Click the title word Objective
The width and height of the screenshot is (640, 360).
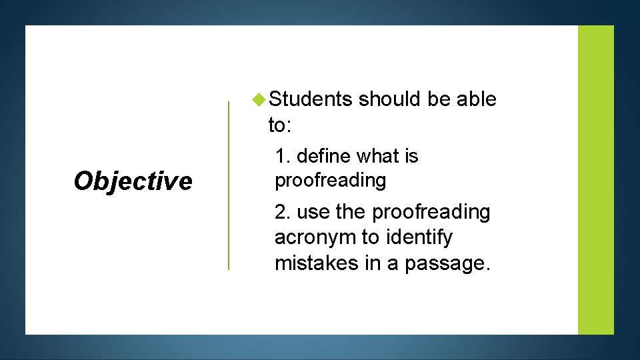[133, 181]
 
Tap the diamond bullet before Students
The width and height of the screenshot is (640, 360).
[259, 99]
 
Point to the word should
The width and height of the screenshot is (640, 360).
[390, 99]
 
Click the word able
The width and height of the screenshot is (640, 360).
[476, 99]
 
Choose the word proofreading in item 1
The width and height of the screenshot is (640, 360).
[330, 180]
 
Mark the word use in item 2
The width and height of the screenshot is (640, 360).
[313, 212]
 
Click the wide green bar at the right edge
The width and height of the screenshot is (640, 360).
[595, 180]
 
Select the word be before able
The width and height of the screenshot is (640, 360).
[439, 99]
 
